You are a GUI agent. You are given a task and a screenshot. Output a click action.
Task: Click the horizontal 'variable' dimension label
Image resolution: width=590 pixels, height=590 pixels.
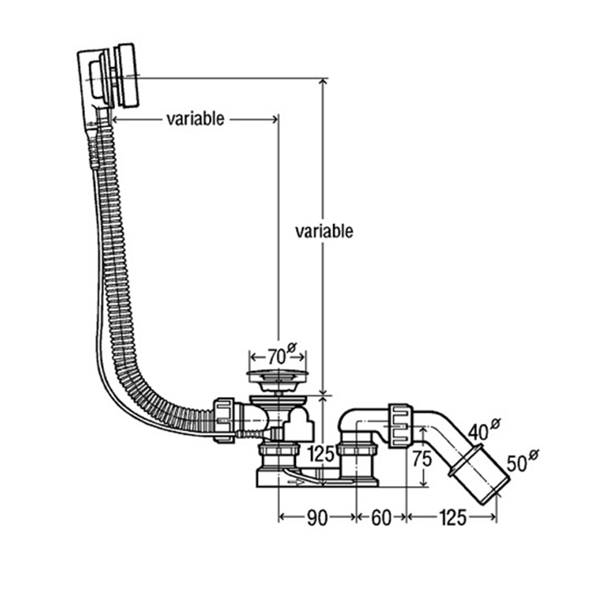195,119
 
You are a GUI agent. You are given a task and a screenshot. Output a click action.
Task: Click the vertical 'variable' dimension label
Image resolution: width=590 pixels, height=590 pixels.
324,231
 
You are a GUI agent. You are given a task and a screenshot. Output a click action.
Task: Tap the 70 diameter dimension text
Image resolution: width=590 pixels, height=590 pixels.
276,354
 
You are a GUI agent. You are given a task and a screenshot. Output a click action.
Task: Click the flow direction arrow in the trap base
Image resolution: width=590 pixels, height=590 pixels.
299,483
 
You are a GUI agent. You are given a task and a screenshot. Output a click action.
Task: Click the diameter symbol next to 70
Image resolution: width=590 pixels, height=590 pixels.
292,346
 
